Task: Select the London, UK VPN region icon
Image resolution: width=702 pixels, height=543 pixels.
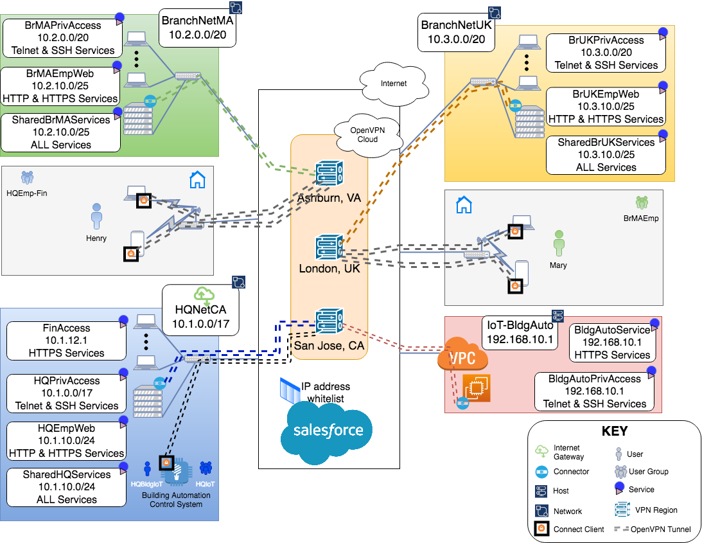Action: point(329,247)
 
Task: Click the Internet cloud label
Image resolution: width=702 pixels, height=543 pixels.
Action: point(394,84)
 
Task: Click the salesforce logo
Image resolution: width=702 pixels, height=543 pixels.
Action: point(328,431)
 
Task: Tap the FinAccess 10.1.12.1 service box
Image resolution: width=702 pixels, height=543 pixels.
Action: point(66,341)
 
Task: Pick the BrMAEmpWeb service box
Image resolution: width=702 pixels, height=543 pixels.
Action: point(60,86)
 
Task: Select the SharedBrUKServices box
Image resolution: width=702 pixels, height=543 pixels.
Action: point(606,155)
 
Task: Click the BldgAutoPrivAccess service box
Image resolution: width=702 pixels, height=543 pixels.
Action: point(594,391)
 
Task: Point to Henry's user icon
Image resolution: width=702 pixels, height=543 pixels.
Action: point(97,217)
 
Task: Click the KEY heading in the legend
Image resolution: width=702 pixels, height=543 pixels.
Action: point(614,431)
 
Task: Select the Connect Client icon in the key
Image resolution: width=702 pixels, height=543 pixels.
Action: point(541,529)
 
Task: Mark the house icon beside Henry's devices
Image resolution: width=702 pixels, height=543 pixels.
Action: point(197,180)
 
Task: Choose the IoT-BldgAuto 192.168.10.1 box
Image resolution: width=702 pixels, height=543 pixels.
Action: point(520,332)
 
